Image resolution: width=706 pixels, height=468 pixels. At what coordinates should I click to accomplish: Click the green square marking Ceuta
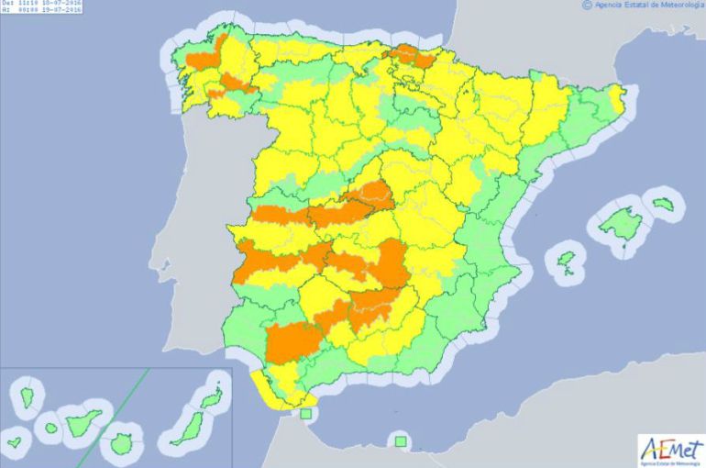pos(306,414)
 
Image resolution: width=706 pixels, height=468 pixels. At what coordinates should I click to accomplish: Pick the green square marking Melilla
pos(400,441)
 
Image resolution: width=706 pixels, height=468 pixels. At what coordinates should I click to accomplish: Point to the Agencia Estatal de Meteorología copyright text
pos(641,6)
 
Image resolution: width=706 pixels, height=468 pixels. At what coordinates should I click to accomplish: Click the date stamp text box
pos(40,8)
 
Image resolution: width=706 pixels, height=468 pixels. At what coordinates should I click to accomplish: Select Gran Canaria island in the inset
pos(121,444)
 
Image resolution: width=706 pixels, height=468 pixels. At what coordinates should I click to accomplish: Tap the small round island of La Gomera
pos(50,428)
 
